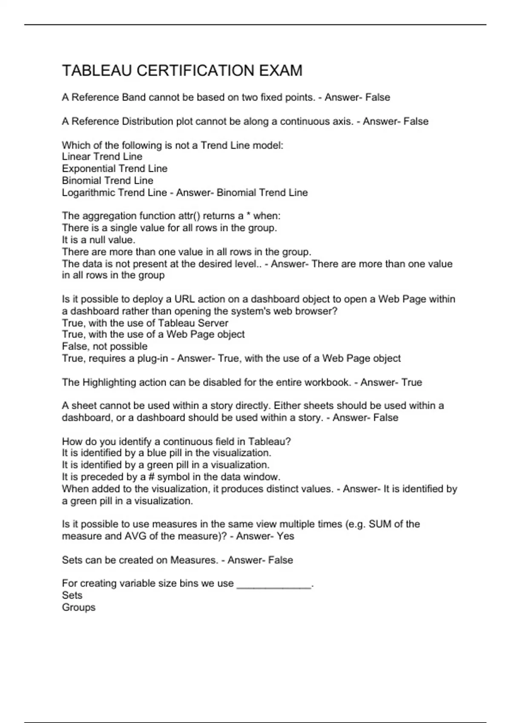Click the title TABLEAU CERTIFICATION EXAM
[x=182, y=71]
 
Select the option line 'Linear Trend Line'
[x=102, y=157]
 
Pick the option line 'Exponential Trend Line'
[x=115, y=168]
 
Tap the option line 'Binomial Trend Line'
[x=107, y=180]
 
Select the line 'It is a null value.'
[x=98, y=239]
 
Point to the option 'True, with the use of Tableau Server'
[x=145, y=323]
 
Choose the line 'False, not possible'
[x=104, y=346]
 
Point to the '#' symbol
[x=152, y=477]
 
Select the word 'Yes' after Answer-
[x=285, y=536]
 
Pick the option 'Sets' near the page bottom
[x=72, y=595]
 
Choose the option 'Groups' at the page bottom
[x=78, y=607]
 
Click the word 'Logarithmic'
[x=88, y=193]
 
